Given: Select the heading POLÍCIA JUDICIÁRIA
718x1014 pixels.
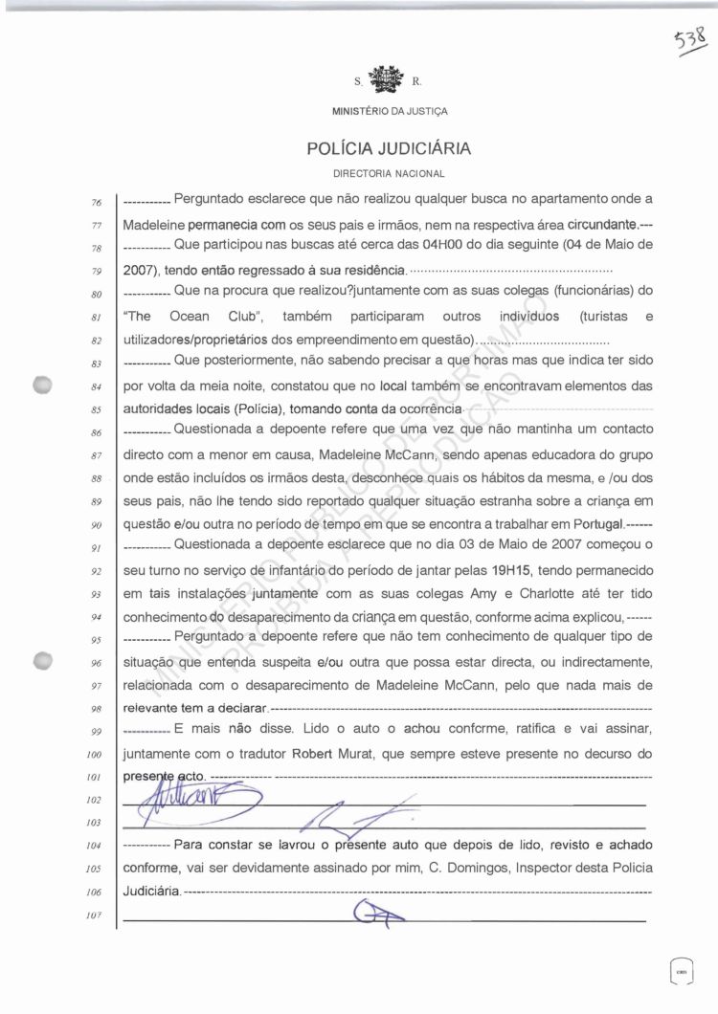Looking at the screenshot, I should tap(389, 149).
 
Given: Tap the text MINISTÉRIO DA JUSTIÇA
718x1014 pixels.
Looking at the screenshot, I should tap(389, 111).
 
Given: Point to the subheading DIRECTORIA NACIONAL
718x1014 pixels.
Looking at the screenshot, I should tap(389, 174).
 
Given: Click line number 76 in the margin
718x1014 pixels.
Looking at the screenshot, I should tap(96, 203).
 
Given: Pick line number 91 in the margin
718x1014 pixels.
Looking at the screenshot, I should tap(96, 547).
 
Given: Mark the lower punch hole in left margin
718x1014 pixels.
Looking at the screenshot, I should tap(41, 660).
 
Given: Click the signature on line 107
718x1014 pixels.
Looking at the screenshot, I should tap(377, 915).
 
